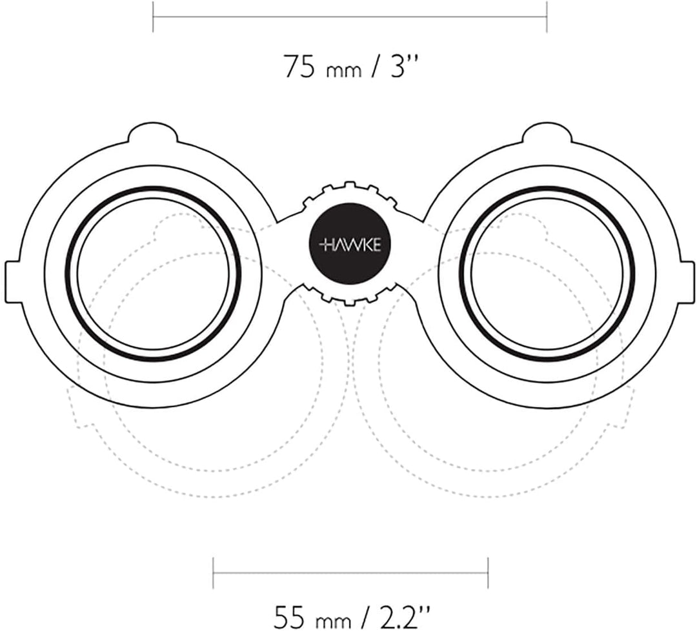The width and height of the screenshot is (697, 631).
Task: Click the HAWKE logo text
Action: click(350, 245)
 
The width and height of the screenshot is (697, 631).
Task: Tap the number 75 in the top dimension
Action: click(299, 66)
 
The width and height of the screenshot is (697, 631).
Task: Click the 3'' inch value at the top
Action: click(404, 66)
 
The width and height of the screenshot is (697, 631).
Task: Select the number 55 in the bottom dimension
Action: click(289, 617)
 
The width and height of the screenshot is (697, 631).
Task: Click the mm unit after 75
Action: click(343, 71)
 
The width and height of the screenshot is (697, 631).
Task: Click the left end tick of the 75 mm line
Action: click(153, 17)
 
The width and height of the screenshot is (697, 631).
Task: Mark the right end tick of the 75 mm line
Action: click(547, 17)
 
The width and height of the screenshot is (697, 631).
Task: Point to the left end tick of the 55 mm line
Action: click(214, 573)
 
